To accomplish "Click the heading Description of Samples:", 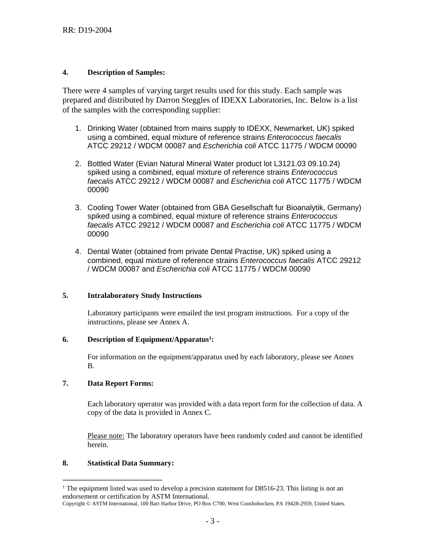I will (x=126, y=72).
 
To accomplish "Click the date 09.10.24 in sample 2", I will (x=326, y=164).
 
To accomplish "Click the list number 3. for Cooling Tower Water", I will (x=78, y=207).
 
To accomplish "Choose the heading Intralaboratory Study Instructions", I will (x=144, y=296).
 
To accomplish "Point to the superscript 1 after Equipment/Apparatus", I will (x=210, y=338).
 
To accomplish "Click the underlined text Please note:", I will (x=106, y=436).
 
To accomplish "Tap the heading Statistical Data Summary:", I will (x=130, y=463).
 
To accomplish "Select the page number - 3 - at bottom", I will (x=212, y=521).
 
